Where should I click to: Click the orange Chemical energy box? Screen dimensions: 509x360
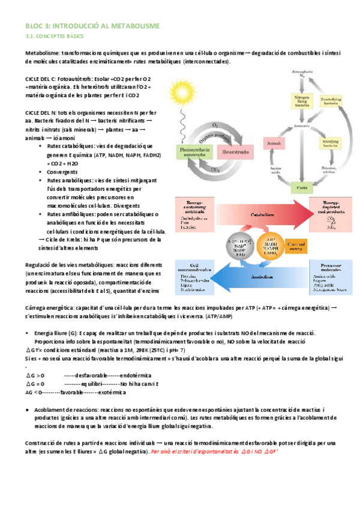pyautogui.click(x=295, y=246)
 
